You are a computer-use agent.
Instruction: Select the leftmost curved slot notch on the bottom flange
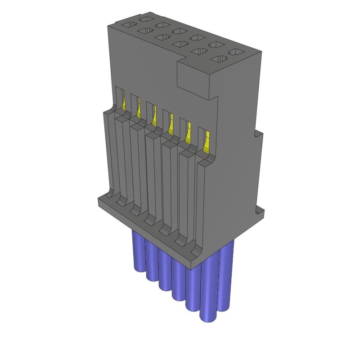point(120,201)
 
